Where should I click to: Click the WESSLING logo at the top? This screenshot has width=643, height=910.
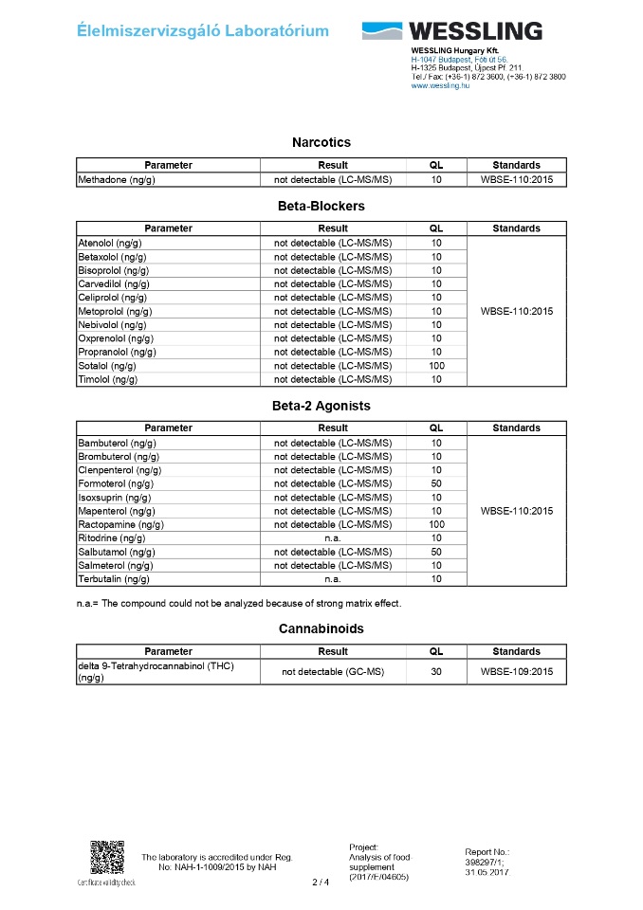(451, 30)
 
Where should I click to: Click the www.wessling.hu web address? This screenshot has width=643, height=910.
(440, 85)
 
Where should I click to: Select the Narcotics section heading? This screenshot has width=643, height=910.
(321, 142)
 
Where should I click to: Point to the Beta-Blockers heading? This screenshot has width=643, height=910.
(321, 206)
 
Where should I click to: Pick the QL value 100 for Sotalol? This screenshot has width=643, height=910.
(436, 366)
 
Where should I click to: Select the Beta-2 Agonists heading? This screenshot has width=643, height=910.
(321, 406)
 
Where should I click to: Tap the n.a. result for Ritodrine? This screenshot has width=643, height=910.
(333, 538)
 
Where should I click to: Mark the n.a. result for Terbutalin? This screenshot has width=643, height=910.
(333, 579)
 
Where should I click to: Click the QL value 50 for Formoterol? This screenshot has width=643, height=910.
(436, 483)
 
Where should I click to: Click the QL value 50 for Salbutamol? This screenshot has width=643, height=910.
(436, 552)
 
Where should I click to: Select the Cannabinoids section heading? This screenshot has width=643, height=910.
(321, 628)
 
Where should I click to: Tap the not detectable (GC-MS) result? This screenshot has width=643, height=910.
(333, 672)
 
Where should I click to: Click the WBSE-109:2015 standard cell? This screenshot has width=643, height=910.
(517, 672)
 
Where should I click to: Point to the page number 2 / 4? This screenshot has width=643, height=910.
(321, 883)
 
